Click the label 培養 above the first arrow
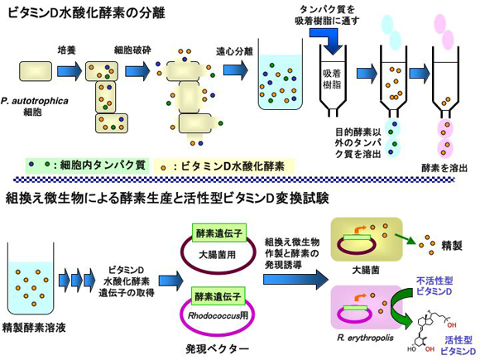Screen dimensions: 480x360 66,50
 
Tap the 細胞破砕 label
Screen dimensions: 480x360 132,50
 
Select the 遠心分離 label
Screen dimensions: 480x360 234,51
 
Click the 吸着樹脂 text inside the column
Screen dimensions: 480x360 332,79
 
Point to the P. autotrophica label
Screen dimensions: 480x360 34,101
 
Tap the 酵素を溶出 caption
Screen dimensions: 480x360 444,168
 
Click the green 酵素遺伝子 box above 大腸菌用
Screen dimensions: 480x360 218,233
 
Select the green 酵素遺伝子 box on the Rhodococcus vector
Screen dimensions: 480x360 218,295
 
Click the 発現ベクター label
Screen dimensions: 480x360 217,348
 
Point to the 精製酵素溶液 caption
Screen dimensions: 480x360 34,328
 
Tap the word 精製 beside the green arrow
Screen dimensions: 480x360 452,246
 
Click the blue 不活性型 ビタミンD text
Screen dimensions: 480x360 434,286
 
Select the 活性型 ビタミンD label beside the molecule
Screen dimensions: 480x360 458,345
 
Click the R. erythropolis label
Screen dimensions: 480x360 365,338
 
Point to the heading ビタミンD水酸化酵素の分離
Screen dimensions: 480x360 86,12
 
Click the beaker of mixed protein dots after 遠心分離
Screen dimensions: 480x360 281,74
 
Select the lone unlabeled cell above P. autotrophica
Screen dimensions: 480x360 36,70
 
